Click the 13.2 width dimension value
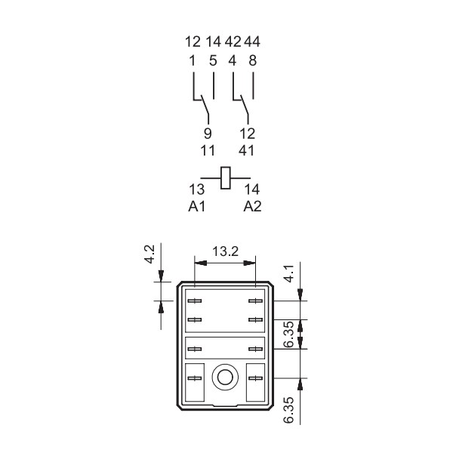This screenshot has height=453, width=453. [x=225, y=251]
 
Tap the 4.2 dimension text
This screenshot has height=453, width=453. [x=149, y=254]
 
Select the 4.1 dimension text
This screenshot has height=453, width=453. [x=288, y=273]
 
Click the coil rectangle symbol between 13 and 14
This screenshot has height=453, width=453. [x=225, y=178]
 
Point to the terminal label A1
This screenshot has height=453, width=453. [x=197, y=206]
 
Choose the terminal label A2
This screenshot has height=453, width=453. [x=252, y=206]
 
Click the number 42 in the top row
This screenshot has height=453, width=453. [x=233, y=42]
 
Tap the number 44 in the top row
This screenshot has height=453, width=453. [x=252, y=42]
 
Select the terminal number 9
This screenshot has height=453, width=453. [x=208, y=134]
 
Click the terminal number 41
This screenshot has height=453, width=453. [x=246, y=150]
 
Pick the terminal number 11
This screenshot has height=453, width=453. [x=208, y=150]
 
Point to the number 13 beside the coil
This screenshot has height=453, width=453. [x=197, y=190]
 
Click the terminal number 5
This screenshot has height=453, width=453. [x=213, y=60]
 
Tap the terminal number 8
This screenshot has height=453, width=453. [x=252, y=60]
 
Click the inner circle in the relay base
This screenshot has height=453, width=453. [x=225, y=377]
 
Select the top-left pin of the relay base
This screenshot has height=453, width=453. [x=195, y=301]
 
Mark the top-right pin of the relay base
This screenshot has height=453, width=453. [x=256, y=301]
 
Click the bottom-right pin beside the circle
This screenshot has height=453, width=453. [x=256, y=378]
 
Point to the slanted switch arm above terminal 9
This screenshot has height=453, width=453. [x=205, y=105]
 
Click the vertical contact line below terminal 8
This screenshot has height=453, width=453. [x=254, y=86]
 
